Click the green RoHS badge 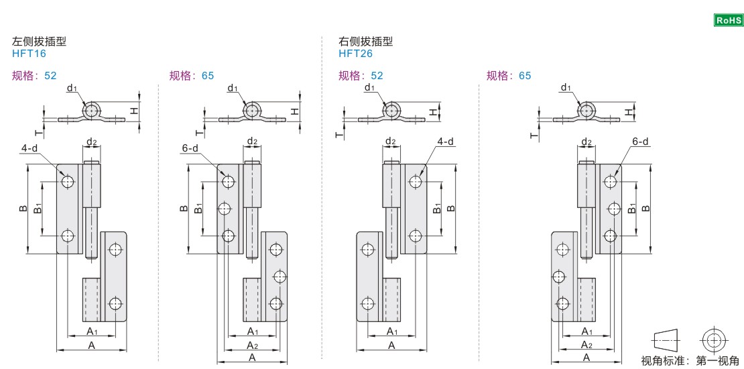[729, 21]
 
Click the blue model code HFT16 [29, 54]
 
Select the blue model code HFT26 [355, 54]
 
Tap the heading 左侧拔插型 [39, 42]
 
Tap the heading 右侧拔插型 [366, 42]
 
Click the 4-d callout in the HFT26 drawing [445, 142]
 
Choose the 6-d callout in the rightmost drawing [640, 142]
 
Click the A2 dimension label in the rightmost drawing [586, 345]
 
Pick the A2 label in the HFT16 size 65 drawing [253, 345]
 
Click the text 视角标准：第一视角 [690, 361]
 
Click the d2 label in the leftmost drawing [92, 142]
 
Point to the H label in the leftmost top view [134, 109]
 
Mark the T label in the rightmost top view [534, 135]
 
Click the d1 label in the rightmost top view [566, 88]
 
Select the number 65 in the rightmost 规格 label [524, 76]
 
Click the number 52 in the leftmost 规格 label [50, 76]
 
